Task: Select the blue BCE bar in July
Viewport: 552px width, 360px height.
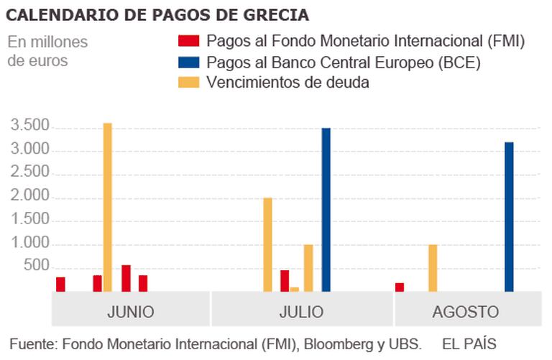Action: [x=326, y=210]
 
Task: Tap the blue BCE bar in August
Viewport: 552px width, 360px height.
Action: [x=509, y=217]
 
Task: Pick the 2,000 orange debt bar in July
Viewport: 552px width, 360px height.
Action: [x=267, y=244]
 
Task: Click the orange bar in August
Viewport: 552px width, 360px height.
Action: [x=433, y=268]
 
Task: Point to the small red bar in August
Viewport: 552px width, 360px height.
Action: [x=400, y=287]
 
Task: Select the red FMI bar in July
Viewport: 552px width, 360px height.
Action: [x=285, y=281]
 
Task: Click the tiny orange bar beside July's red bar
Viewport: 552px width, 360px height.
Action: [x=295, y=290]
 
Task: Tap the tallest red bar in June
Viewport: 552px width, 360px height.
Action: [x=126, y=279]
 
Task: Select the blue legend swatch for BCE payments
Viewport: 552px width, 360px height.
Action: [x=188, y=61]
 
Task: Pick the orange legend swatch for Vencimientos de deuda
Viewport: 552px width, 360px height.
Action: [x=188, y=82]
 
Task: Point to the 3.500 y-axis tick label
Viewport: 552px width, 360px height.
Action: [x=28, y=127]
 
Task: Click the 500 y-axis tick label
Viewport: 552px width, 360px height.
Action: [x=36, y=267]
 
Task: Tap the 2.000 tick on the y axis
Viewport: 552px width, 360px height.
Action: [x=28, y=197]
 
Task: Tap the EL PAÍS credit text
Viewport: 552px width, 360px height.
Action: [x=469, y=343]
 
